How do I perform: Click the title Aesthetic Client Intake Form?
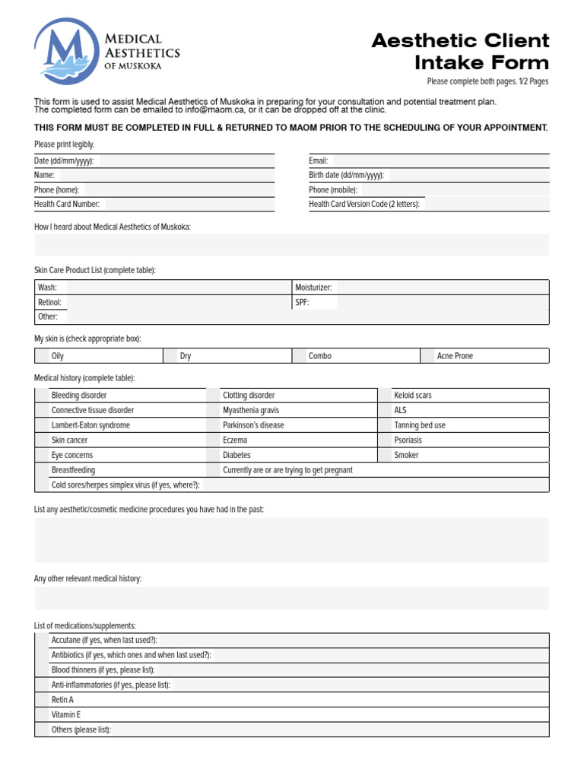(x=460, y=51)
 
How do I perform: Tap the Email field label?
(x=318, y=161)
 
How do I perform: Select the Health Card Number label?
(x=67, y=205)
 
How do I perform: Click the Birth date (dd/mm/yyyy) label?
(x=346, y=176)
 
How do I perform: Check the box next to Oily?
(x=43, y=356)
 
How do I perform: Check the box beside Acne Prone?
(x=428, y=356)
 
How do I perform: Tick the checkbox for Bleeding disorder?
(x=43, y=396)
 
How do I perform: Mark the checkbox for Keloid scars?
(x=386, y=396)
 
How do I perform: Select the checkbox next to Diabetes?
(x=214, y=455)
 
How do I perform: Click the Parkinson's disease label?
(x=253, y=425)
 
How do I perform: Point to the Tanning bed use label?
(x=420, y=425)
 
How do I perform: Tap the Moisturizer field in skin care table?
(x=441, y=288)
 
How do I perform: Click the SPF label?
(x=302, y=303)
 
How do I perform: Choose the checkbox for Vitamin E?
(x=43, y=715)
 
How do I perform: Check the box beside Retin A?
(x=43, y=700)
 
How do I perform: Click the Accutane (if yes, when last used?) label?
(x=104, y=641)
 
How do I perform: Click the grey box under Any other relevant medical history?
(x=291, y=599)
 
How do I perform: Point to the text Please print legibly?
(x=65, y=145)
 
